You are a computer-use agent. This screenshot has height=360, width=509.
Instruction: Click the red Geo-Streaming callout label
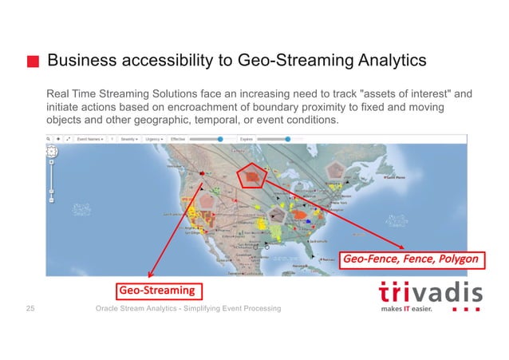pos(158,287)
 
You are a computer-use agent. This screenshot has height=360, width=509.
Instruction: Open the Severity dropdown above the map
pos(129,139)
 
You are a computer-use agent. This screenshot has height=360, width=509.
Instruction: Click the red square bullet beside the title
pos(34,61)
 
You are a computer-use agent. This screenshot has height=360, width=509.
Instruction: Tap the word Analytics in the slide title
pos(388,61)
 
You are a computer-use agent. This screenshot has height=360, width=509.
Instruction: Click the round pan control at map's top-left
pos(52,151)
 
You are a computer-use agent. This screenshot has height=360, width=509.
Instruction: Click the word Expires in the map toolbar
pos(240,139)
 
